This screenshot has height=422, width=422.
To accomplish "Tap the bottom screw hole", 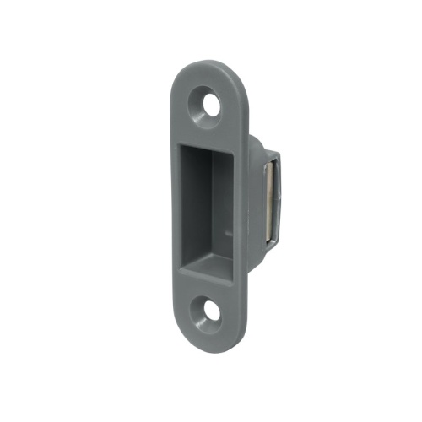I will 208,311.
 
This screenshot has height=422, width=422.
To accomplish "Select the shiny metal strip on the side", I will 268,202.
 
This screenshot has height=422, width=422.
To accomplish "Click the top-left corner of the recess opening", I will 178,146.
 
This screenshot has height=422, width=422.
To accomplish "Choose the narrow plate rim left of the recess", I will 171,211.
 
